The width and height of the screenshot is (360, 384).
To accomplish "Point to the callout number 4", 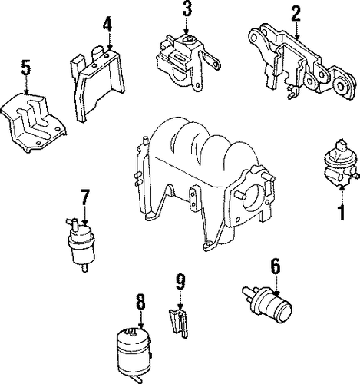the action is point(107,25).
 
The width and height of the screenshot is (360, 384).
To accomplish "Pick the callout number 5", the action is point(26,67).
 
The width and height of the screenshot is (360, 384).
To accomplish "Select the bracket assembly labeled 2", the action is point(302,61).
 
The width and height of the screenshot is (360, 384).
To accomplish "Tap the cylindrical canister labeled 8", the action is point(134,355).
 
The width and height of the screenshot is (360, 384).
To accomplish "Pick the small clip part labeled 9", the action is point(179,323).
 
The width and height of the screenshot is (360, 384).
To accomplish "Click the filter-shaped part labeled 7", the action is point(81,244).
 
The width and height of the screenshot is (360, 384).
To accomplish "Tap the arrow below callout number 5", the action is point(26,85).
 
